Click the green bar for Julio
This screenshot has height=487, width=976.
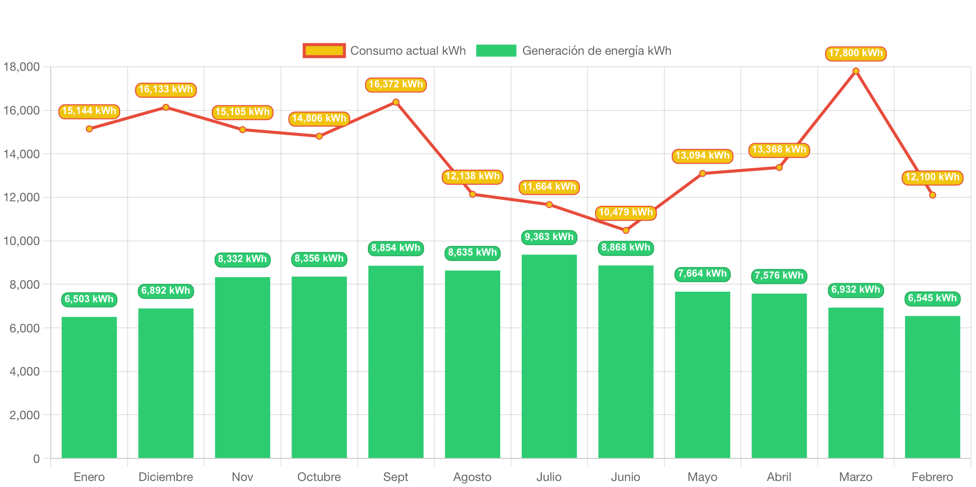[x=549, y=356]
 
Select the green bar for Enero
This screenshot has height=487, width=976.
[x=89, y=387]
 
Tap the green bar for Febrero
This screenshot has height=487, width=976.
[x=932, y=387]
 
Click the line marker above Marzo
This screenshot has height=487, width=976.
[x=856, y=71]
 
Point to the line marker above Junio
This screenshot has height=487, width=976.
[x=626, y=230]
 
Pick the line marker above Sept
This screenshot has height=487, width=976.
[x=396, y=102]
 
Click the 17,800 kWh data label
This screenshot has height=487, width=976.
[x=855, y=53]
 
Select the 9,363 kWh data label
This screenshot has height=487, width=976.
[x=549, y=237]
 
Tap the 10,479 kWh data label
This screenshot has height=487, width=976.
[x=626, y=212]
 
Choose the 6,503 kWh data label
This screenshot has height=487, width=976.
[x=89, y=299]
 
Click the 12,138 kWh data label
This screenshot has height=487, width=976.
[x=472, y=176]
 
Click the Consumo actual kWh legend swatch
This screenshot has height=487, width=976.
[x=324, y=51]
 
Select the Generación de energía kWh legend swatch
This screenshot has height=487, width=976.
[x=496, y=51]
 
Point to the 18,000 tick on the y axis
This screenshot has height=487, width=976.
[x=22, y=67]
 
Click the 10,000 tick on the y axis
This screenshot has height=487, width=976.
[x=22, y=241]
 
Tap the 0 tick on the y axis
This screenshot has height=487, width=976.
[x=36, y=458]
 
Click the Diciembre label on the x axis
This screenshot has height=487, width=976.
[x=165, y=476]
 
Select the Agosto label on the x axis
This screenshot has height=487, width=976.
[x=472, y=476]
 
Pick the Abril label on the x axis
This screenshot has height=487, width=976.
[x=779, y=476]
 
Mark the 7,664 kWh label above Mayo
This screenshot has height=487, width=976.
[x=702, y=274]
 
